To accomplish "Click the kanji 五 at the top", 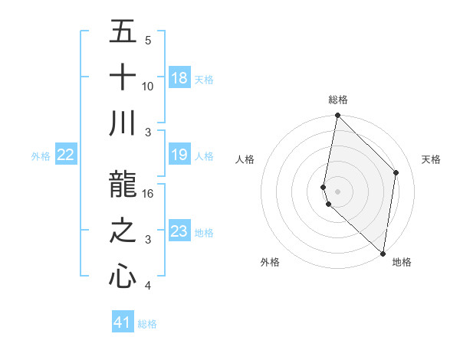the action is coord(123,31).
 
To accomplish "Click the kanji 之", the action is coord(123,231).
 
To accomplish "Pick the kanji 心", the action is coord(123,277).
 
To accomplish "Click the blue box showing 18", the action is coord(179,78).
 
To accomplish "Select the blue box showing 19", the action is coord(179,155).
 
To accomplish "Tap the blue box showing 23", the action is coord(179,232).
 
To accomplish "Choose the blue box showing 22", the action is coord(66,155).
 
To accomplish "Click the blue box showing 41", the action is coord(123,322).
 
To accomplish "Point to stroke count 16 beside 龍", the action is coord(148,193).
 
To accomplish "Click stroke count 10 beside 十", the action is coord(148,86).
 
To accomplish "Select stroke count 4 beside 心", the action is coord(148,286).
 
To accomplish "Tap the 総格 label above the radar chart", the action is coord(338,100).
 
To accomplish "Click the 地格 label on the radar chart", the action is coord(402,262).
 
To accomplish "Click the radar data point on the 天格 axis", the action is coord(396,172).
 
